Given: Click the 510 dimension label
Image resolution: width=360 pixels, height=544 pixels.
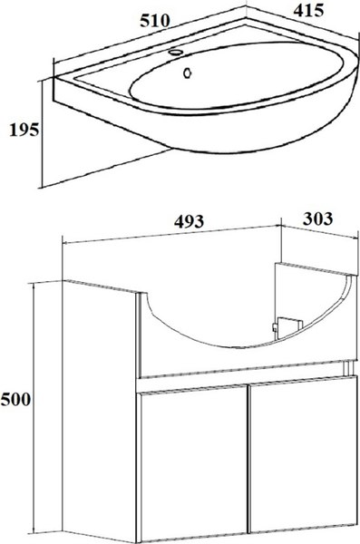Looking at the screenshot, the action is coord(155,21).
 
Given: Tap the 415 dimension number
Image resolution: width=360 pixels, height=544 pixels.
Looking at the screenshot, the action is coord(308,10).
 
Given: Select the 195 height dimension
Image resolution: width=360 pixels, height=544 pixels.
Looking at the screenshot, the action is coord(24,130).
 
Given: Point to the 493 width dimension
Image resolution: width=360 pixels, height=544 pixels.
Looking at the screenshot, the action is coord(189,221).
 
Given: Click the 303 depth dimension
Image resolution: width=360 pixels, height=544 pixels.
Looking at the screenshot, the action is coord(317,219).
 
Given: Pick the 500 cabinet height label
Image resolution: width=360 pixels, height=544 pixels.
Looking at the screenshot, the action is coord(15,400).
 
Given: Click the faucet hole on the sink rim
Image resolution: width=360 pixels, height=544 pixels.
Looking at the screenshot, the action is coord(176,53).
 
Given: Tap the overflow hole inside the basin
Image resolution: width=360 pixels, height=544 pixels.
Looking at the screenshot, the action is coord(188,73).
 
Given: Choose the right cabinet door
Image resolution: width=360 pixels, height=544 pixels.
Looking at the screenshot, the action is coord(303,454).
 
